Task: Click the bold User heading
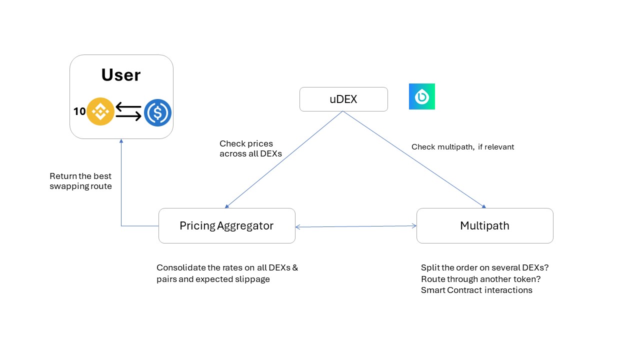pos(121,75)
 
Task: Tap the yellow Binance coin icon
pos(100,111)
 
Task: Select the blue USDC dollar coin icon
pos(157,112)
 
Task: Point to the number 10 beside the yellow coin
pos(79,112)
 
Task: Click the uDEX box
pos(343,99)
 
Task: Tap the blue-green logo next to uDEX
pos(422,96)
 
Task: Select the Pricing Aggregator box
pos(226,225)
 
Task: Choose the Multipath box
pos(484,225)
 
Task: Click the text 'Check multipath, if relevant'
pos(462,147)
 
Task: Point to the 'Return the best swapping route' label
pos(80,181)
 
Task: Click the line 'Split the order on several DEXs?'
pos(484,267)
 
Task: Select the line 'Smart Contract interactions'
pos(476,290)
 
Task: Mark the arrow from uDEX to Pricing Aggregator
pos(284,159)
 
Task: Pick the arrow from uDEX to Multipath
pos(414,159)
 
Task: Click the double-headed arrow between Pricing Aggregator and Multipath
pos(356,226)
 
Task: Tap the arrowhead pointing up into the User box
pos(121,142)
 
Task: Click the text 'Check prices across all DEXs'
pos(250,149)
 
